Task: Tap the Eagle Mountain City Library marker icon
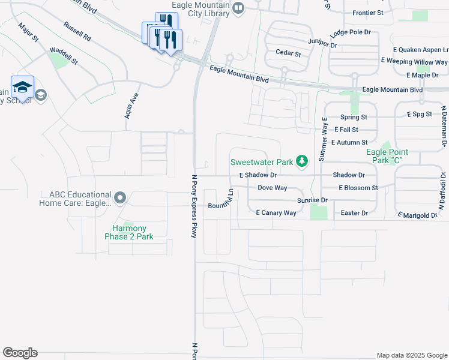click(x=239, y=8)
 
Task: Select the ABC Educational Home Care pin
click(x=120, y=197)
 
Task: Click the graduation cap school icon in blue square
click(x=23, y=88)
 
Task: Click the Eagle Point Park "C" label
click(x=385, y=157)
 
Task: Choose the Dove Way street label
click(x=272, y=188)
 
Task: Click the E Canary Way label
click(x=276, y=213)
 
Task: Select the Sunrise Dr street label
click(x=312, y=200)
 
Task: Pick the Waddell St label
click(x=64, y=56)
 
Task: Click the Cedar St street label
click(x=288, y=53)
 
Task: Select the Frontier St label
click(x=368, y=13)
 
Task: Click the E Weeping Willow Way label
click(x=414, y=62)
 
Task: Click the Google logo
click(x=20, y=353)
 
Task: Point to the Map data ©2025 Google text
click(x=411, y=355)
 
